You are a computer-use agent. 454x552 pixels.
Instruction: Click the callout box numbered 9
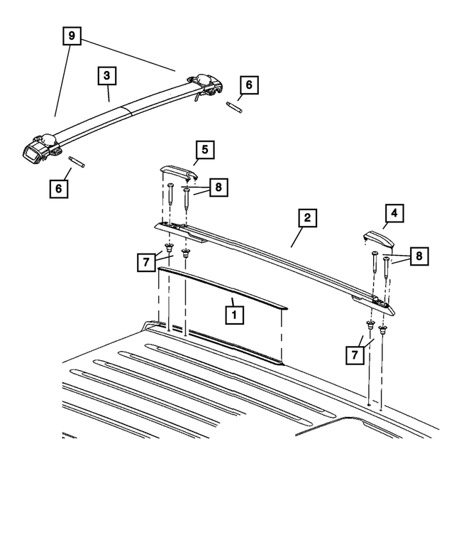pos(72,36)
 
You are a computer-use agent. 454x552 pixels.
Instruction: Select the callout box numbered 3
pos(107,75)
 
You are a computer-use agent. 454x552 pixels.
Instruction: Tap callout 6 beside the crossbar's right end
pos(249,85)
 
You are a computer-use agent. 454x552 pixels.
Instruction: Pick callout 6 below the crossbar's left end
pos(58,188)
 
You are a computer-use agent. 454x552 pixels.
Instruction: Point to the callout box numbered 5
pos(204,150)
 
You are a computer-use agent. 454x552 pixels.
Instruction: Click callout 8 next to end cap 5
pos(218,187)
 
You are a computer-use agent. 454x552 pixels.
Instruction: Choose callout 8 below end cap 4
pos(419,256)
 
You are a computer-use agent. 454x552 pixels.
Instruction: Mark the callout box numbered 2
pos(307,218)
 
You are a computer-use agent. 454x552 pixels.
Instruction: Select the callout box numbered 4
pos(394,213)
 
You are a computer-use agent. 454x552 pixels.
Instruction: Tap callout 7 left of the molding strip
pos(146,262)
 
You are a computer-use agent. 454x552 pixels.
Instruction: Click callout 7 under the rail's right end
pos(355,355)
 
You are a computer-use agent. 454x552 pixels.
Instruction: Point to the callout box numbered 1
pos(234,315)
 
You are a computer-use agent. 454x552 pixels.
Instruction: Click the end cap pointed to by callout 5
pos(179,173)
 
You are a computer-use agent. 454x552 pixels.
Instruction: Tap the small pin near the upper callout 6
pos(234,107)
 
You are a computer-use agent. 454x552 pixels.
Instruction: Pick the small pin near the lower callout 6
pos(76,162)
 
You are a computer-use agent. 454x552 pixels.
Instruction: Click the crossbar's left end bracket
pos(41,148)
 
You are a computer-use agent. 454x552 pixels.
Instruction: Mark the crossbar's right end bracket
pos(205,85)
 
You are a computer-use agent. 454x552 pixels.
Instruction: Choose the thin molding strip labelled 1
pos(223,288)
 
